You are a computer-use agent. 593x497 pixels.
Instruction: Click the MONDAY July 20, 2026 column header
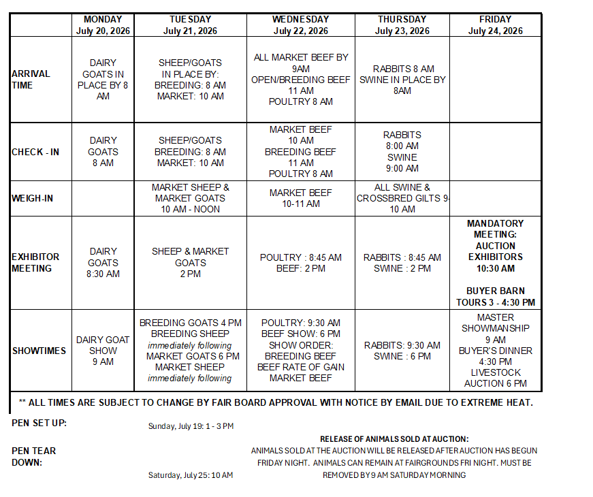point(103,25)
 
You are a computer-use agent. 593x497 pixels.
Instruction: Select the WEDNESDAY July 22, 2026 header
point(300,25)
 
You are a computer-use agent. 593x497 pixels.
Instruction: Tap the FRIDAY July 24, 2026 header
point(495,25)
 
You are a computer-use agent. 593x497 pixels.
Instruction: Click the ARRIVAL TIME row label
point(31,80)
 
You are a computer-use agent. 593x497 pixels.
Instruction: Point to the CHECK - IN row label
point(35,152)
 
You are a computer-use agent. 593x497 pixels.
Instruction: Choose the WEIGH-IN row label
point(33,198)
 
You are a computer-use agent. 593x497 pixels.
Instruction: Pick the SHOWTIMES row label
point(39,351)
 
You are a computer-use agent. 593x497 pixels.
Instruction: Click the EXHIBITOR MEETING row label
point(35,262)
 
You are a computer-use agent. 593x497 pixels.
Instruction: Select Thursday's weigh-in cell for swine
point(402,198)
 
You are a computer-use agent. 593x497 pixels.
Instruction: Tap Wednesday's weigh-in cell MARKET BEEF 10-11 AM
point(300,198)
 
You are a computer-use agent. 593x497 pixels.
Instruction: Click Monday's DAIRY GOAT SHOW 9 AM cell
point(103,351)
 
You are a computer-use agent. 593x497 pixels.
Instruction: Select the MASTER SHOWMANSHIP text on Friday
point(495,323)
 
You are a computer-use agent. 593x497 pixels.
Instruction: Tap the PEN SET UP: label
point(39,423)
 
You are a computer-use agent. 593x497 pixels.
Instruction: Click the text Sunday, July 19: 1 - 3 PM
point(191,426)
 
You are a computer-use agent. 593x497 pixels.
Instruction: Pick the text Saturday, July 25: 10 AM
point(191,475)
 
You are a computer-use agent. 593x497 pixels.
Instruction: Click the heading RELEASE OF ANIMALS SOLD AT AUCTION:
point(394,439)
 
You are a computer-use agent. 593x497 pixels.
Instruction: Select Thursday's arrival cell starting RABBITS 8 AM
point(402,80)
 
